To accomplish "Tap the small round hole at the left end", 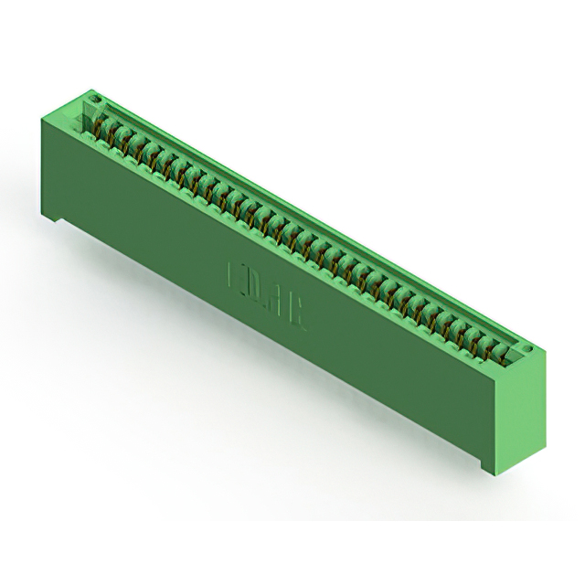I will [x=92, y=94].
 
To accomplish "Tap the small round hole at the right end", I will [x=524, y=350].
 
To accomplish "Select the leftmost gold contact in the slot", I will [x=101, y=132].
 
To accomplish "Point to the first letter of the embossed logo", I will [x=232, y=277].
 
